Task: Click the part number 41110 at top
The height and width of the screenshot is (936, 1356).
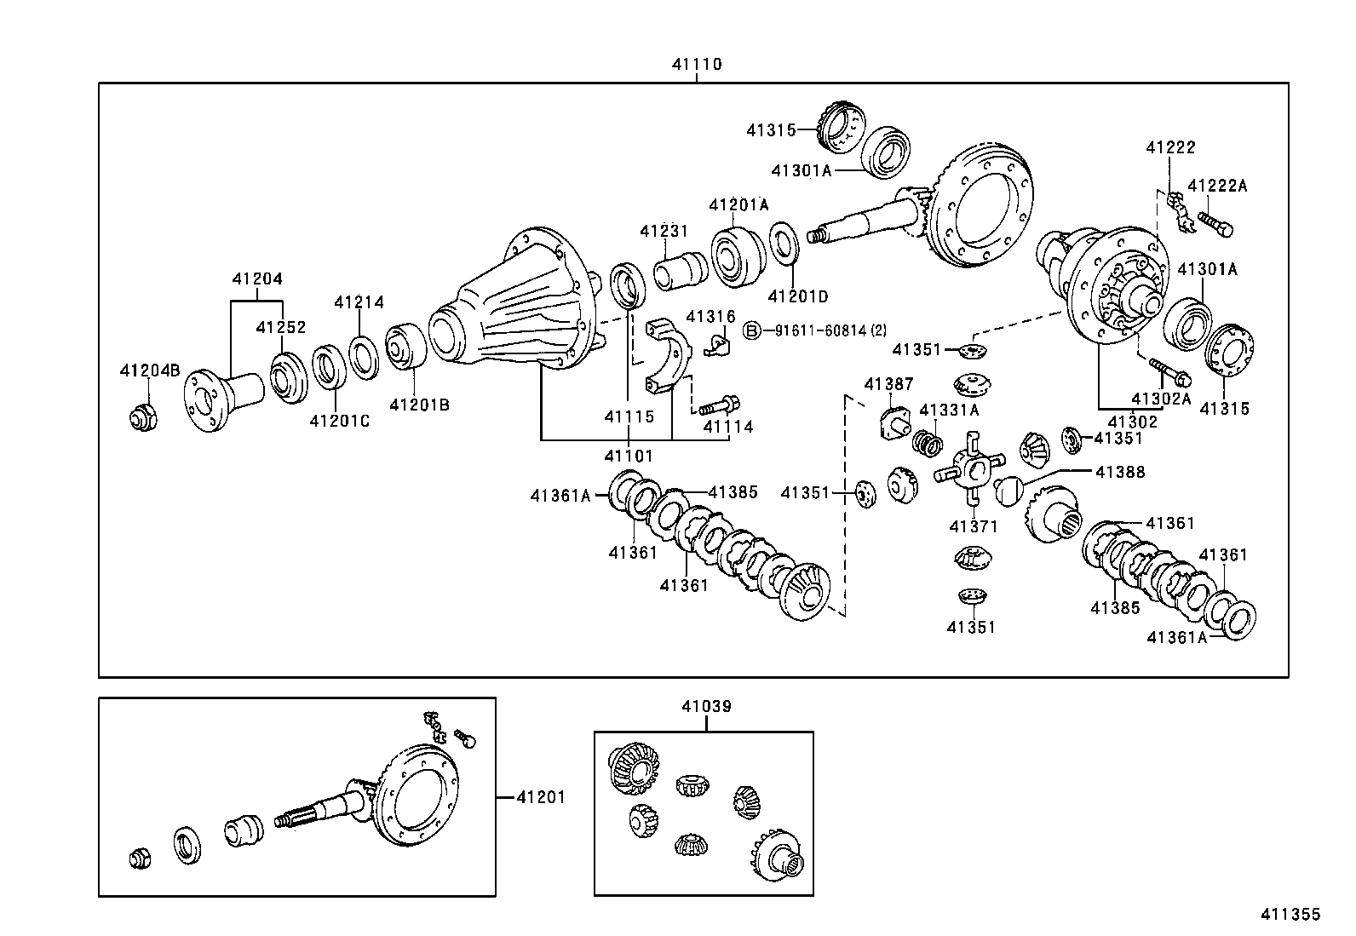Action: [696, 64]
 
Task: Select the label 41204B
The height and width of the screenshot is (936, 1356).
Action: [150, 370]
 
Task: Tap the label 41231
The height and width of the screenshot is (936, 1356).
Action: [664, 231]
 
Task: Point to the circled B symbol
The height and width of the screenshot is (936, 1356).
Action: [751, 330]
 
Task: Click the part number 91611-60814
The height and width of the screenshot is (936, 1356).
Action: [818, 330]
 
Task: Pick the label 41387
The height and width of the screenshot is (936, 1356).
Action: [888, 384]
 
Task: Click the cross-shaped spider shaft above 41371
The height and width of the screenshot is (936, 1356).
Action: [968, 469]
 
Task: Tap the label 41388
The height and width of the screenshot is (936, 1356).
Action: [1120, 471]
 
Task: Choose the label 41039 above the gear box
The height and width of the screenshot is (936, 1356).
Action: [706, 706]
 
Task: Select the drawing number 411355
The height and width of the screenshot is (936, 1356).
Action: [1290, 914]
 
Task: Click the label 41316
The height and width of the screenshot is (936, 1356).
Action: [710, 316]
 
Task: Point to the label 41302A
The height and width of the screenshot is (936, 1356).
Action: [1161, 398]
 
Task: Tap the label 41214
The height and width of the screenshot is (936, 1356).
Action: [359, 301]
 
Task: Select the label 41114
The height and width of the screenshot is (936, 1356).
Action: [728, 427]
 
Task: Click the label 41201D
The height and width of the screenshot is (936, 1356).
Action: [797, 296]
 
